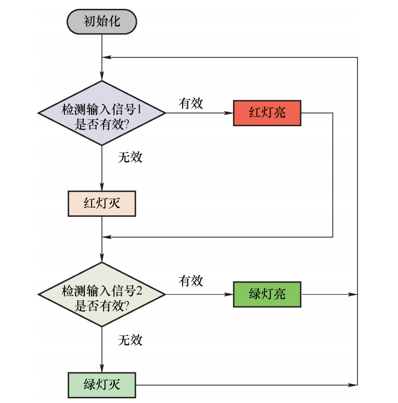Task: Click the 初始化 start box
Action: click(x=101, y=21)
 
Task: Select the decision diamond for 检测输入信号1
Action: click(x=101, y=113)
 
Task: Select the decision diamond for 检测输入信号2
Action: click(x=101, y=294)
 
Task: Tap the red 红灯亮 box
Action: click(x=267, y=113)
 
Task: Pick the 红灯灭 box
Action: click(x=101, y=203)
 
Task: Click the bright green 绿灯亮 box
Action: click(x=267, y=294)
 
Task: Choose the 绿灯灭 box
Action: click(x=101, y=385)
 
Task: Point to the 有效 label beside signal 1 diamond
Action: click(x=190, y=103)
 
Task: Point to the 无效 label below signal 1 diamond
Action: click(x=130, y=157)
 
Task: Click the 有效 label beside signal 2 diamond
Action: click(x=190, y=281)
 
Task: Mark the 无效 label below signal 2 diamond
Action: click(x=130, y=341)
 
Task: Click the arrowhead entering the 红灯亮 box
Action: click(x=229, y=113)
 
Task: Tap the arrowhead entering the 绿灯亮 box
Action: click(x=229, y=294)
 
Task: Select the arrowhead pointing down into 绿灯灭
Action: click(x=101, y=369)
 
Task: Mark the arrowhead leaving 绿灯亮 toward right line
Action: click(x=353, y=294)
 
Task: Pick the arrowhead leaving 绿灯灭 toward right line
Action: click(x=353, y=385)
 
